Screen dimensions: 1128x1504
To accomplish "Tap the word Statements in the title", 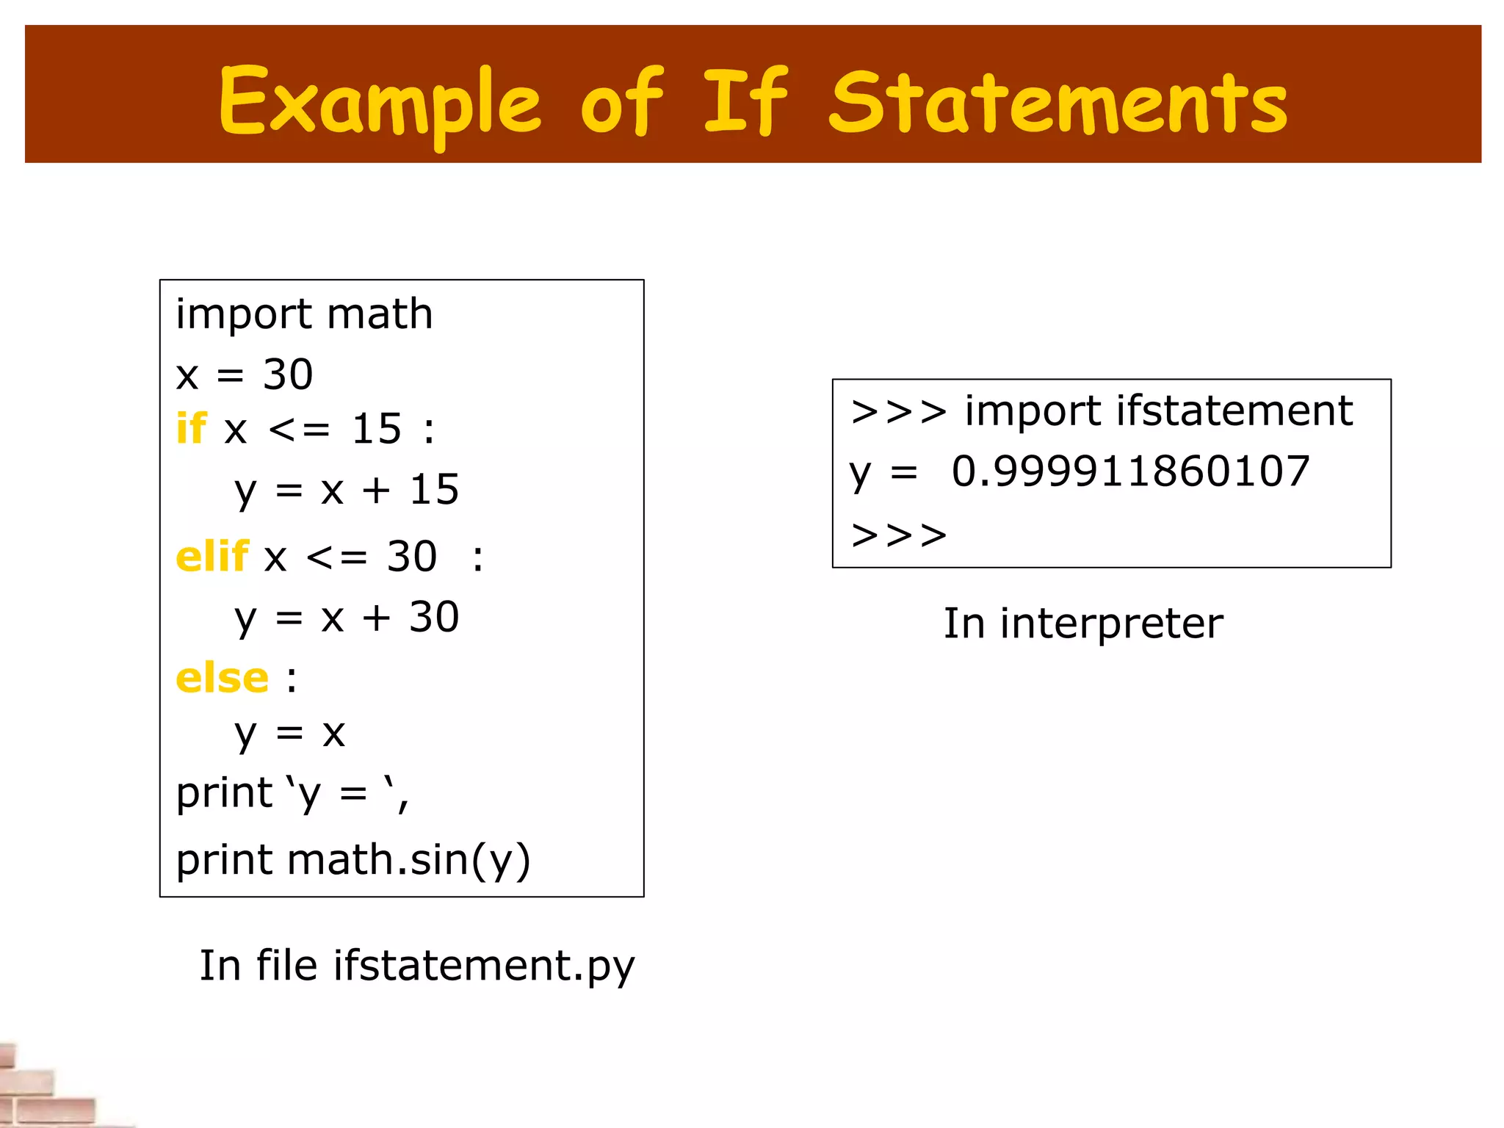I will [1057, 103].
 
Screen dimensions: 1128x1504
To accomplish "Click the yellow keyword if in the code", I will [191, 428].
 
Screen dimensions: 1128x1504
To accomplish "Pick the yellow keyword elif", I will [211, 556].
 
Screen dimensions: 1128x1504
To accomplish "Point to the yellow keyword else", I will [222, 677].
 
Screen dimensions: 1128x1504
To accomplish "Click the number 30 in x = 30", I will [288, 375].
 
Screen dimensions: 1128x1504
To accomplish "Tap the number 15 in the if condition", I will [377, 429].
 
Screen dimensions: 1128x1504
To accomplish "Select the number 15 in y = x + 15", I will [434, 489].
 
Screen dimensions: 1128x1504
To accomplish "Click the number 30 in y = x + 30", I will [434, 617].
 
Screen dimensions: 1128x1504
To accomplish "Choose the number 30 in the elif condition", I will [412, 557].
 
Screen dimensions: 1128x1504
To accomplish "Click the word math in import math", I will [380, 314].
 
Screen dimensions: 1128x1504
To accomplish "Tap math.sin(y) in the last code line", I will [408, 859].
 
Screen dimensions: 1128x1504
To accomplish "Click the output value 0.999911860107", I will [1130, 471].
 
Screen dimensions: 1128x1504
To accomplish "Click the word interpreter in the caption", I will [1111, 623].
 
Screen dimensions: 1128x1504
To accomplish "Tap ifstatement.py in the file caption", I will [484, 966].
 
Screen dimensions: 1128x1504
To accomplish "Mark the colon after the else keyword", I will [292, 679].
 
